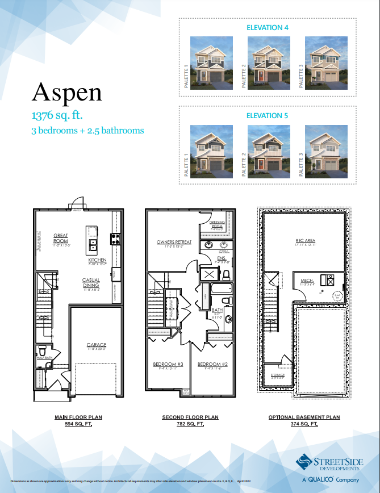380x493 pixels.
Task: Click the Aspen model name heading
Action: [67, 91]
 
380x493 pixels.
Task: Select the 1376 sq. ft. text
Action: [57, 115]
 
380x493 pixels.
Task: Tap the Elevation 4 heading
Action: [268, 27]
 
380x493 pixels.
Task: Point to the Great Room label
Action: [61, 237]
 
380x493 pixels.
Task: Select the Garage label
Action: [96, 345]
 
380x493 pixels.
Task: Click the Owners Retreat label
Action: [174, 242]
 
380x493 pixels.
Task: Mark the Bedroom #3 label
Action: [168, 364]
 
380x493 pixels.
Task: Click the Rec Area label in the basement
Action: [306, 241]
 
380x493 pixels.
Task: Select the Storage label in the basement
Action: [277, 375]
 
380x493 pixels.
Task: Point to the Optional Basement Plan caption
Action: [304, 417]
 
